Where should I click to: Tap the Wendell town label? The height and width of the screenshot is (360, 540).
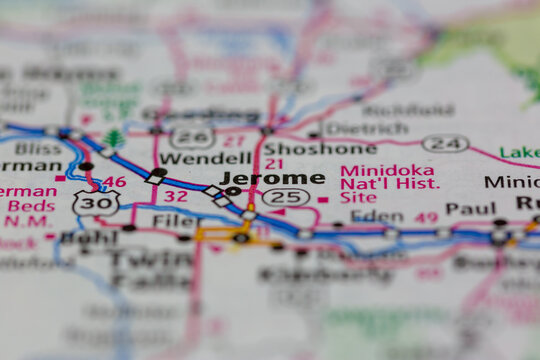tap(205, 158)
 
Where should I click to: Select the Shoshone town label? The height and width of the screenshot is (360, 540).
tap(305, 148)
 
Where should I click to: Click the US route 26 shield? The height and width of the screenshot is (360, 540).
tap(191, 137)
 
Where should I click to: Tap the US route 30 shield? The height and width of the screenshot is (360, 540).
tap(96, 202)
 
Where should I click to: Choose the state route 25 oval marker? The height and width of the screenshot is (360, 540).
tap(286, 197)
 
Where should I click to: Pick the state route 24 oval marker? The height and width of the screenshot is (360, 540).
tap(445, 143)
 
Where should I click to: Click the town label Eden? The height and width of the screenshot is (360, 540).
tap(370, 214)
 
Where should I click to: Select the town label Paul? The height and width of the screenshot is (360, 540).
tap(470, 208)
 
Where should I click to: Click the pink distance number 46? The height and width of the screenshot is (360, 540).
tap(115, 182)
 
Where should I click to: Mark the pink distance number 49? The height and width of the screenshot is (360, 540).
tap(427, 217)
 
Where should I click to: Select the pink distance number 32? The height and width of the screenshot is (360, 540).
tap(176, 196)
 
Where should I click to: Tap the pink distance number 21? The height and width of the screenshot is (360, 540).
tap(274, 164)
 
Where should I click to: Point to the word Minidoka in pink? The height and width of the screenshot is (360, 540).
tap(374, 171)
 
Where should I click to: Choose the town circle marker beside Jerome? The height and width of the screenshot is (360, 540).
tap(233, 190)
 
